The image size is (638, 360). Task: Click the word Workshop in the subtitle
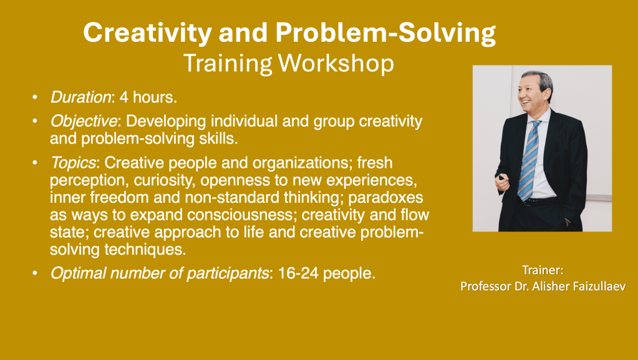336,64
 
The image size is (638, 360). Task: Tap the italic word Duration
80,97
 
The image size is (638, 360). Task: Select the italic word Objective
84,122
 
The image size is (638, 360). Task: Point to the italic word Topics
73,163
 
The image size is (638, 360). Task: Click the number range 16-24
298,273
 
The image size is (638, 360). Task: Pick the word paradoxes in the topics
385,198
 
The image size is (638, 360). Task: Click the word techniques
145,249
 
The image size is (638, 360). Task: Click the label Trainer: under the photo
543,270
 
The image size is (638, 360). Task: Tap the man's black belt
536,201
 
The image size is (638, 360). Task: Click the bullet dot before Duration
34,97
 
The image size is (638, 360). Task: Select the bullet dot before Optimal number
34,273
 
